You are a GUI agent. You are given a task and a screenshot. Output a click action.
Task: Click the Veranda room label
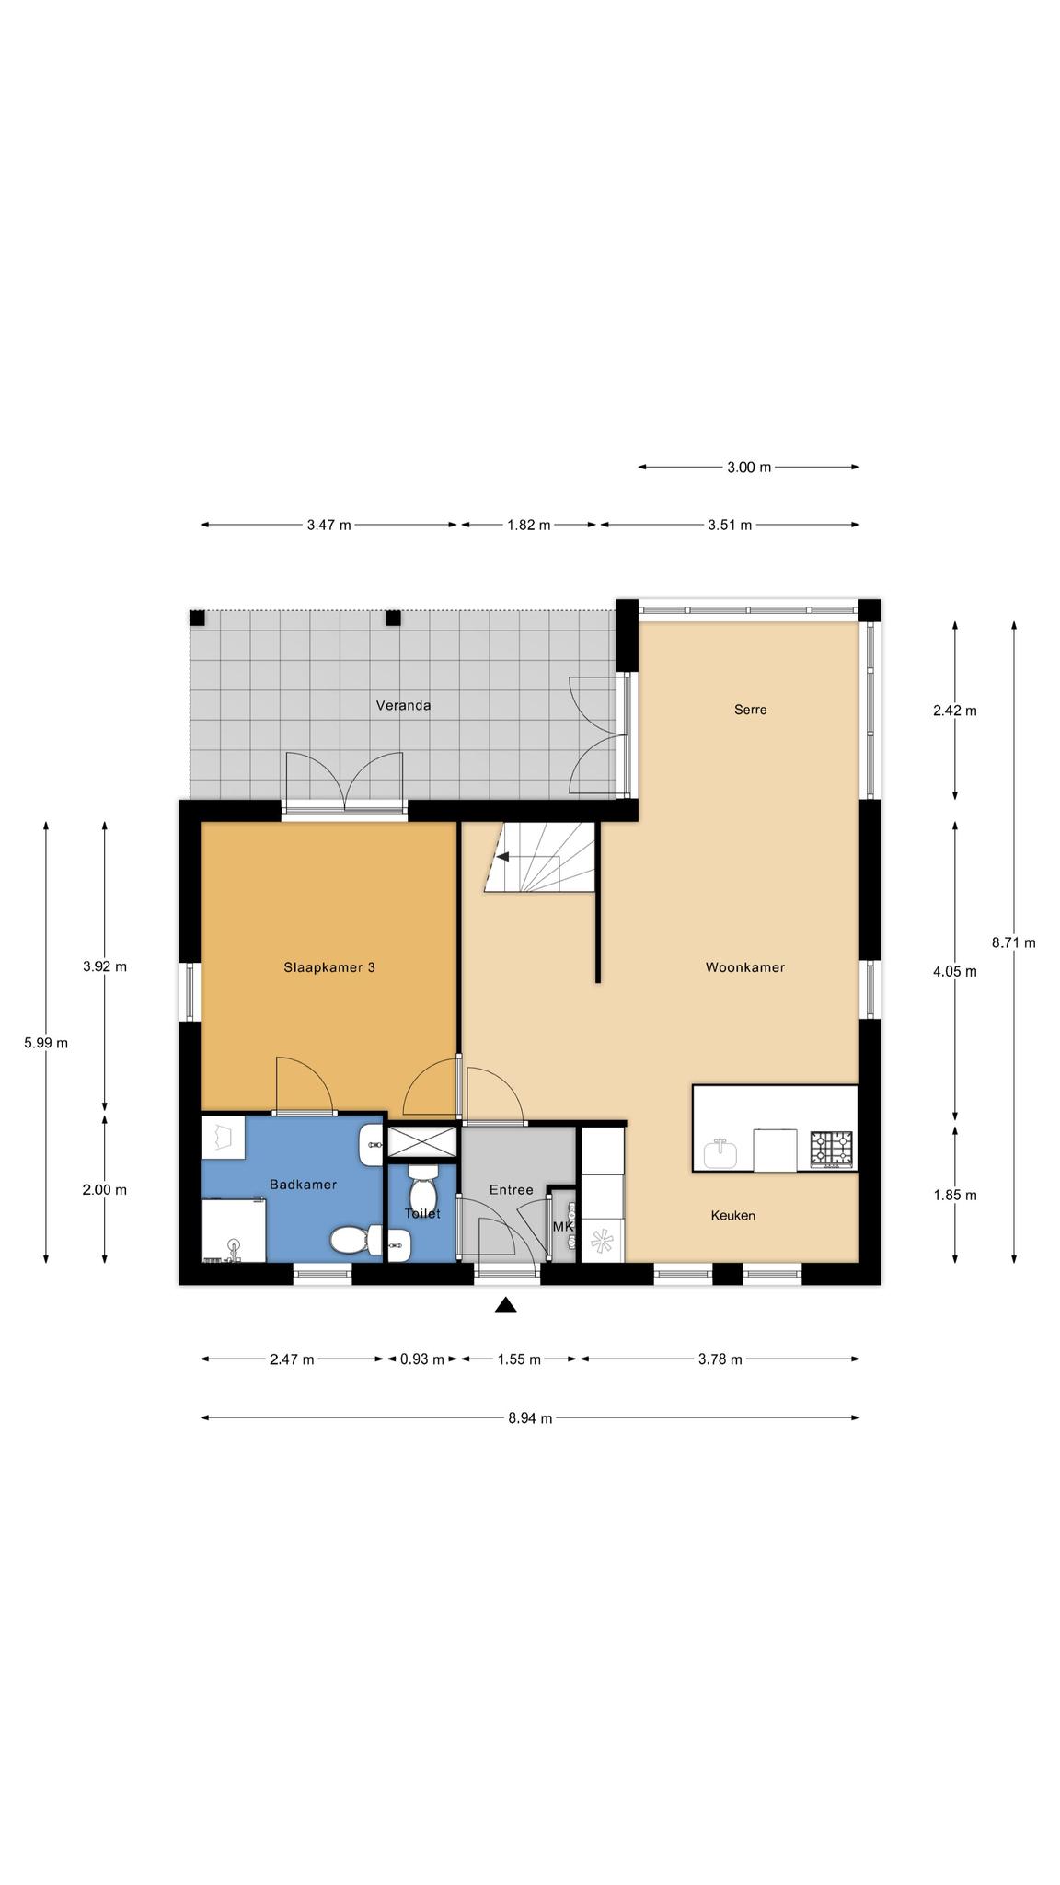tap(403, 706)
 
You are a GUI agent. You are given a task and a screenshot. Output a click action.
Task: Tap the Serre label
tap(750, 710)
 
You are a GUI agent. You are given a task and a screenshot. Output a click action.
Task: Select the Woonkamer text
tap(745, 967)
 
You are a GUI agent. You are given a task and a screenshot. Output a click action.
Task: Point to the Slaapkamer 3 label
tap(329, 967)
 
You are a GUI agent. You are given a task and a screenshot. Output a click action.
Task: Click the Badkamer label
tap(303, 1185)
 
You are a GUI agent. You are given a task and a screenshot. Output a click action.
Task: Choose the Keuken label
tap(733, 1216)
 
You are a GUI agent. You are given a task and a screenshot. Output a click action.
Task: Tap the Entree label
tap(512, 1190)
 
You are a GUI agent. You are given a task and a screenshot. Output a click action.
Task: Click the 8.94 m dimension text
tap(530, 1418)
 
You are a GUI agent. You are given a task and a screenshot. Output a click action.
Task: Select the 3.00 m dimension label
tap(749, 468)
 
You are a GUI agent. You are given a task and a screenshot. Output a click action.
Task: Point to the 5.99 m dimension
tap(46, 1043)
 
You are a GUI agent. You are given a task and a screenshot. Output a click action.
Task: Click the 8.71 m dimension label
tap(1014, 942)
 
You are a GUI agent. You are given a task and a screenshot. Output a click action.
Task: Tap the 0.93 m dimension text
tap(422, 1359)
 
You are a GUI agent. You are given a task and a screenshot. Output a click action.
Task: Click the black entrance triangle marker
tap(505, 1304)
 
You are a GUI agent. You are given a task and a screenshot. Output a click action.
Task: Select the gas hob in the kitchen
tap(831, 1150)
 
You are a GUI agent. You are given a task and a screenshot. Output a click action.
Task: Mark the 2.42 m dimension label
tap(955, 711)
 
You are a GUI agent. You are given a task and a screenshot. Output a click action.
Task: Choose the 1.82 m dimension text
tap(529, 526)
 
